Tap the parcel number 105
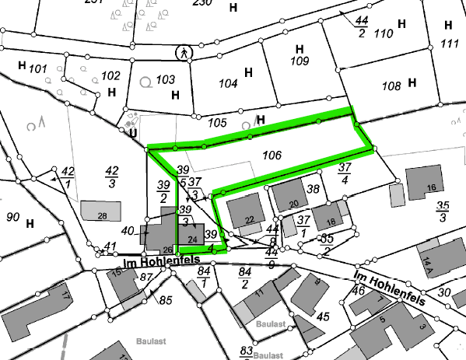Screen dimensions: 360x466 click(x=218, y=123)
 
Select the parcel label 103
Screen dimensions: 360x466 click(x=165, y=79)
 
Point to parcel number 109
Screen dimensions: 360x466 click(x=300, y=61)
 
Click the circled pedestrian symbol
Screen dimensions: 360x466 click(x=184, y=52)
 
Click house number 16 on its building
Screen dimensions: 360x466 click(x=431, y=188)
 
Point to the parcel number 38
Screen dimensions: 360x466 click(x=314, y=189)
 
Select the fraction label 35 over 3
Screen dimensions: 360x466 click(x=443, y=210)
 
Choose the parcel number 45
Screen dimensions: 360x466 click(x=324, y=316)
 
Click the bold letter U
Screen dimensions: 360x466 click(x=134, y=132)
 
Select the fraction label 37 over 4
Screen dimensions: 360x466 click(x=345, y=173)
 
